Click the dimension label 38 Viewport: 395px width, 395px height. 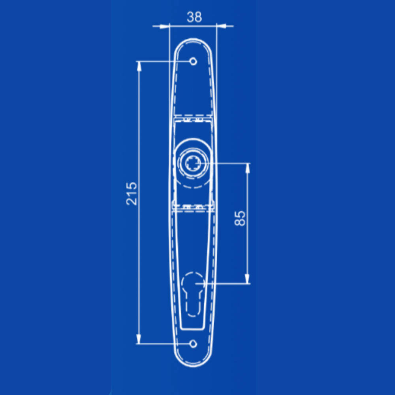(x=194, y=17)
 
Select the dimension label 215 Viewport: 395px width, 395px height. (x=132, y=194)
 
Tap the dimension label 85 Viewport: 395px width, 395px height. (x=240, y=218)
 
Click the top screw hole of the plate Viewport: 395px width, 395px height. (x=193, y=61)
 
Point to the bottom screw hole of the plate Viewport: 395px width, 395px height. (x=193, y=344)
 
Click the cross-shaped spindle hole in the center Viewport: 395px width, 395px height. (x=193, y=163)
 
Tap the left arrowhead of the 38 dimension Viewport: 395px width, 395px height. (x=164, y=26)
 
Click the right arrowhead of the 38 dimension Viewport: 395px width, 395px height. (x=222, y=26)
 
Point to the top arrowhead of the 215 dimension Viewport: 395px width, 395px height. (x=139, y=66)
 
